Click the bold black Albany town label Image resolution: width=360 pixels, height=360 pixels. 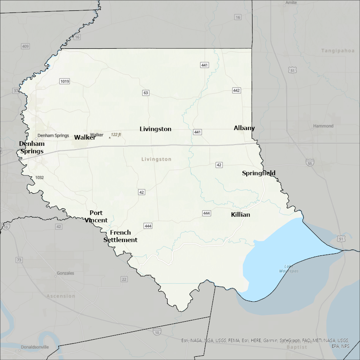pos(244,128)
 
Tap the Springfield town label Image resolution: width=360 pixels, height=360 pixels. pos(259,173)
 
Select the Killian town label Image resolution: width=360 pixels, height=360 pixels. pos(240,215)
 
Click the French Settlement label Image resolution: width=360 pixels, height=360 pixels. pos(120,236)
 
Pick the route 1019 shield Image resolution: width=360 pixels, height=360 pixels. pos(64,81)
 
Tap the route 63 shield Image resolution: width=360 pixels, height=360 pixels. pos(145,92)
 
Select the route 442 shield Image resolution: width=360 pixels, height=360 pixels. pos(236,90)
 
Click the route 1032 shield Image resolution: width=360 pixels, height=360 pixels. pos(39,177)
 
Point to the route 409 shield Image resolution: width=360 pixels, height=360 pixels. pos(25,46)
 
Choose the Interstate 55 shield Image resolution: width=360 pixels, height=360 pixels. pos(310,162)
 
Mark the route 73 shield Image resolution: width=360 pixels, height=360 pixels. pos(19,260)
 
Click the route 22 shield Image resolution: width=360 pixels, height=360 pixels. pos(124,279)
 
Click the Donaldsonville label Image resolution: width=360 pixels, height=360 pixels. pos(35,347)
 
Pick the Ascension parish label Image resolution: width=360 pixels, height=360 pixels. pos(61,296)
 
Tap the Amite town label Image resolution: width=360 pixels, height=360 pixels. pos(290,2)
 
